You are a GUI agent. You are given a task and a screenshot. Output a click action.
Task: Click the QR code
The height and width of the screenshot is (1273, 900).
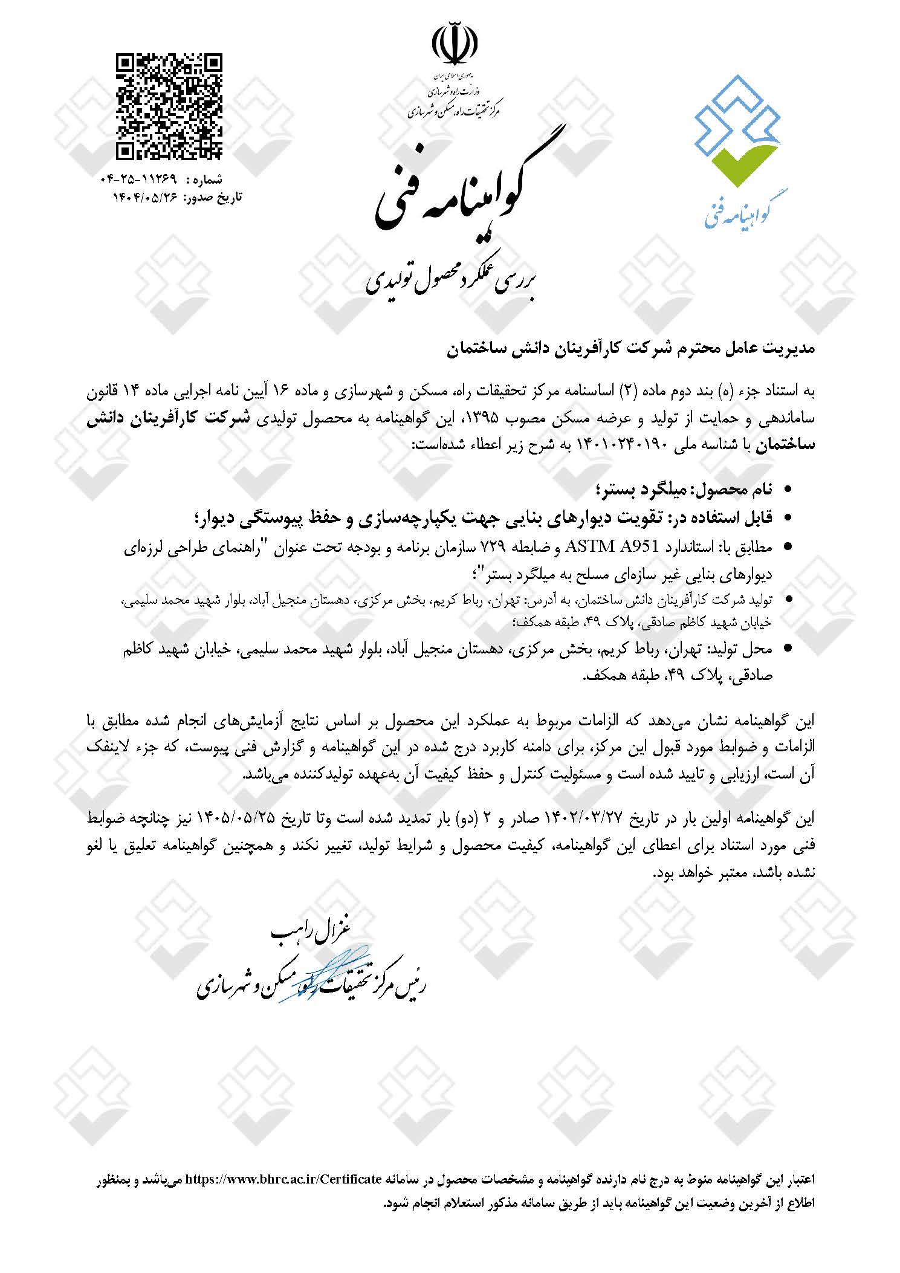coord(169,106)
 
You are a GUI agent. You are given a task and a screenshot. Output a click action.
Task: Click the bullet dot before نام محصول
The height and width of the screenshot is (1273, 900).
coord(787,490)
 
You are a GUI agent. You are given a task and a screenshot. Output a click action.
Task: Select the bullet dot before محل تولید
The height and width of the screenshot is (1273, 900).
coord(787,650)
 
